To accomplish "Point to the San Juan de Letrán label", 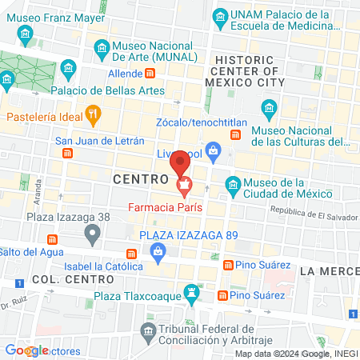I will pos(99,142).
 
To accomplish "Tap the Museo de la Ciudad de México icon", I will pos(232,183).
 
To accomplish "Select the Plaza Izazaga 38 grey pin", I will pos(93,234).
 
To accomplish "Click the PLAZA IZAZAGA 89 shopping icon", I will pos(158,253).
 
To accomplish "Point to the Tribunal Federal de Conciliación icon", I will pos(147,330).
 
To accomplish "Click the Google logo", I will pos(26,350).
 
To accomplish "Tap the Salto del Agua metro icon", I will pos(53,239).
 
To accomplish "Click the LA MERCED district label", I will pos(329,272).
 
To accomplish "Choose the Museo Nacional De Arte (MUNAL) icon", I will pos(101,48).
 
